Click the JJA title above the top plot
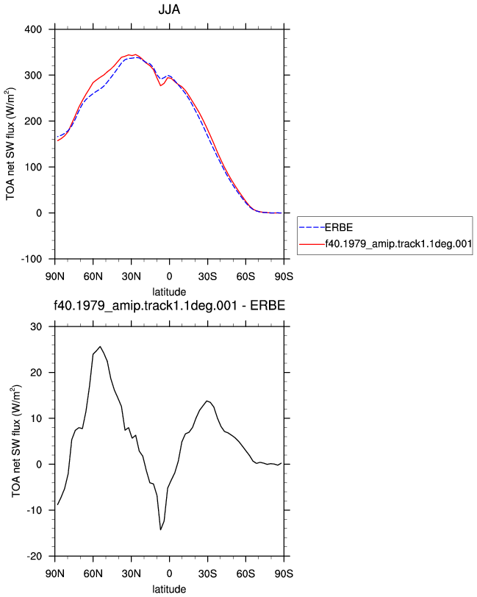tap(169, 9)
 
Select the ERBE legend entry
tap(326, 227)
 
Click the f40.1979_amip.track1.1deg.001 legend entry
tap(385, 243)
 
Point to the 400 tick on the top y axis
tap(33, 29)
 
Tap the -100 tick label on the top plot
tap(31, 260)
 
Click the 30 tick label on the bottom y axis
tap(36, 326)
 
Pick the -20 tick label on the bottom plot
tap(35, 557)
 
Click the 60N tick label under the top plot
tap(93, 276)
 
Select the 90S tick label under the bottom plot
tap(284, 573)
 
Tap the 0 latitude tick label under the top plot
tap(169, 276)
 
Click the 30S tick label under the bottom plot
tap(207, 573)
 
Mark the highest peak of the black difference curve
tap(100, 346)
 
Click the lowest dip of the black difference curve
tap(161, 529)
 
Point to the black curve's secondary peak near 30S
tap(207, 401)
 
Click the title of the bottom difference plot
tap(169, 305)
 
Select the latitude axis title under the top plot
tap(169, 292)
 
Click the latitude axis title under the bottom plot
tap(169, 590)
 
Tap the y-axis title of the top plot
tap(10, 144)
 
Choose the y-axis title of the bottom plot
tap(16, 441)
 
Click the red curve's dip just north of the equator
tap(161, 86)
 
